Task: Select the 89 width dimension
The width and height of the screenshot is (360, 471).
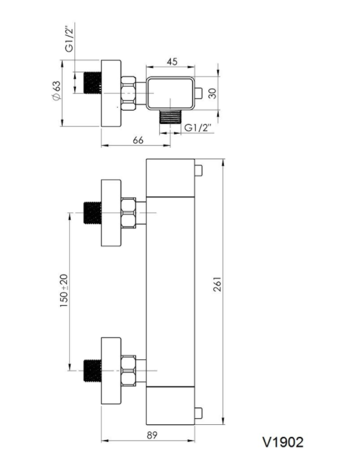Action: (x=152, y=435)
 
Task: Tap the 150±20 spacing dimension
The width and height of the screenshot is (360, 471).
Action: (x=64, y=291)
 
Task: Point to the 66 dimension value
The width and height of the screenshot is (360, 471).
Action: (x=138, y=140)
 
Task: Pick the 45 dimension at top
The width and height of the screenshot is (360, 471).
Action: (x=171, y=61)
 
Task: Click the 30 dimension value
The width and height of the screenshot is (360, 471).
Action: (x=212, y=94)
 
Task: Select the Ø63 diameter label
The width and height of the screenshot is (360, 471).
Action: (x=57, y=91)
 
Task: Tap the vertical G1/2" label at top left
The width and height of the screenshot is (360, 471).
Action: (x=69, y=38)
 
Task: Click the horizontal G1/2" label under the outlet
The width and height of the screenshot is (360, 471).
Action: (x=198, y=128)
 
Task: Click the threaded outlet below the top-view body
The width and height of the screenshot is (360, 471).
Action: (x=170, y=117)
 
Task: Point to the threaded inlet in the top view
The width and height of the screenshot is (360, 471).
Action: (x=92, y=83)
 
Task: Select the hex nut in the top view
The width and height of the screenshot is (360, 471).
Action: (x=128, y=94)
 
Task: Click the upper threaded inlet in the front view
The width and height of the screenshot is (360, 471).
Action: (x=92, y=213)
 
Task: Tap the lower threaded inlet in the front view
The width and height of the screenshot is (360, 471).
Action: (x=92, y=370)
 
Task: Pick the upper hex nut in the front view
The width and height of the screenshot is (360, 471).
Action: (x=128, y=213)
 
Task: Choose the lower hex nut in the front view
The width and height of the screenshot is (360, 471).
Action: (x=128, y=370)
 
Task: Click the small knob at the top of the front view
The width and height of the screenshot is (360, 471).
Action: (x=198, y=170)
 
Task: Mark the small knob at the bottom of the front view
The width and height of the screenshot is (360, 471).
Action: (x=198, y=413)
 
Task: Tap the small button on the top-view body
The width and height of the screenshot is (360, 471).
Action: (x=198, y=93)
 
